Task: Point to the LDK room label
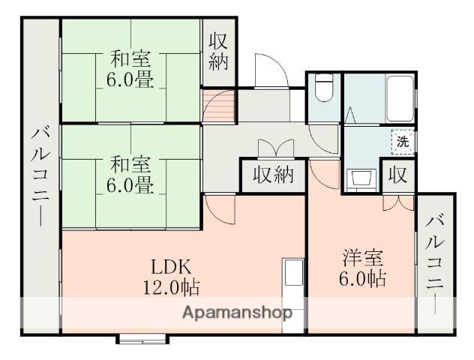tap(173, 266)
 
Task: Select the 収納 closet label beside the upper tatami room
tap(218, 51)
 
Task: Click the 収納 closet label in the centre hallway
tap(272, 177)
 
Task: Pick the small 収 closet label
tap(397, 177)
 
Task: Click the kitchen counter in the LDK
tap(292, 289)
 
